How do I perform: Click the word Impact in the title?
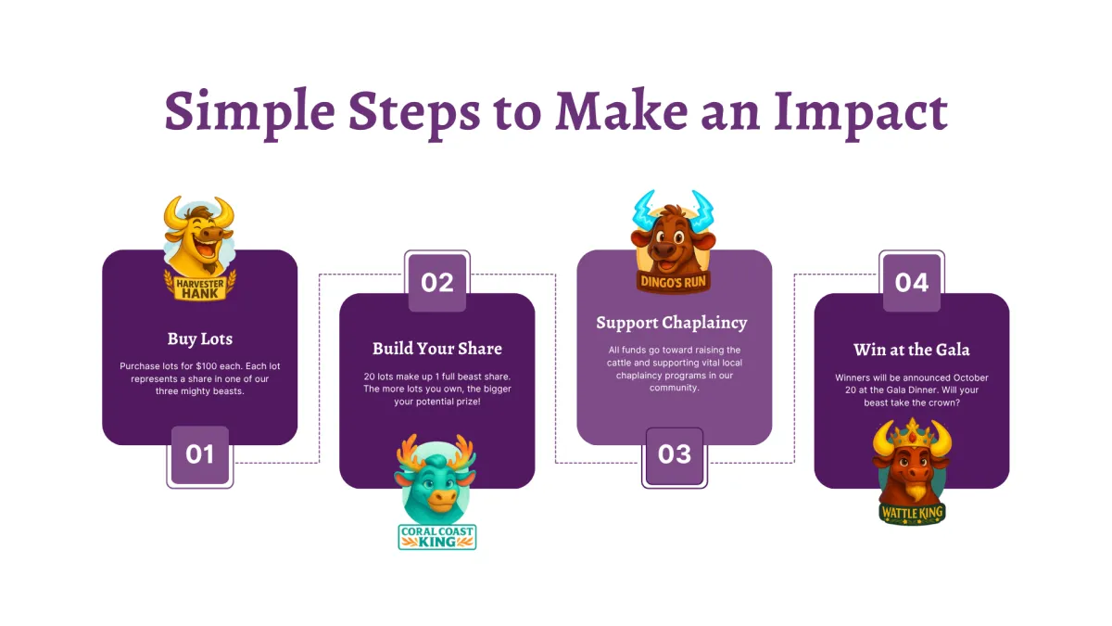(x=860, y=113)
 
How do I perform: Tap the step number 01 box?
(x=200, y=455)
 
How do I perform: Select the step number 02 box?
(x=436, y=282)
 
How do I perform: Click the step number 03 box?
(x=675, y=455)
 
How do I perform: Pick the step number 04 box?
(x=912, y=282)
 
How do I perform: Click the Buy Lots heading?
(x=200, y=339)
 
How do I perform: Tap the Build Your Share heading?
(x=436, y=349)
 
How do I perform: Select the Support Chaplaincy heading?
(x=672, y=323)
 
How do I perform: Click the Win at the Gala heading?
(x=912, y=350)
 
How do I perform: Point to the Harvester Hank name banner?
(x=200, y=288)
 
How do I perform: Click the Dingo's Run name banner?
(x=673, y=282)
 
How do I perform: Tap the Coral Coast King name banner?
(x=436, y=537)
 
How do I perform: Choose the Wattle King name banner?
(x=912, y=514)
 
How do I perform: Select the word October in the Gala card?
(x=970, y=378)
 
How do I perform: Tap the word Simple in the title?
(x=249, y=113)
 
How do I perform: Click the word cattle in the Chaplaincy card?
(x=620, y=364)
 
